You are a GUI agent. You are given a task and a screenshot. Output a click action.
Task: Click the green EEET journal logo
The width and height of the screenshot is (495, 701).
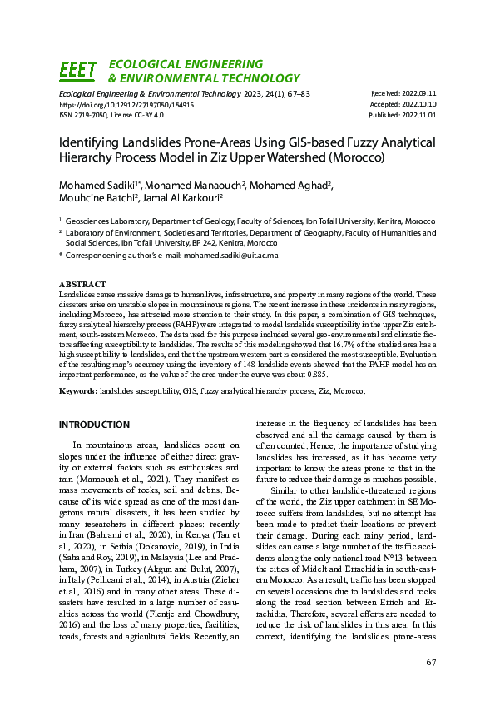pyautogui.click(x=78, y=71)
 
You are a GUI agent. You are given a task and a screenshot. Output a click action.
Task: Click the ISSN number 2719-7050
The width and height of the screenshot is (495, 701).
pyautogui.click(x=86, y=116)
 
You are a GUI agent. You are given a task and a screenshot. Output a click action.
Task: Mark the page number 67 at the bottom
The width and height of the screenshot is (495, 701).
pyautogui.click(x=431, y=663)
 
